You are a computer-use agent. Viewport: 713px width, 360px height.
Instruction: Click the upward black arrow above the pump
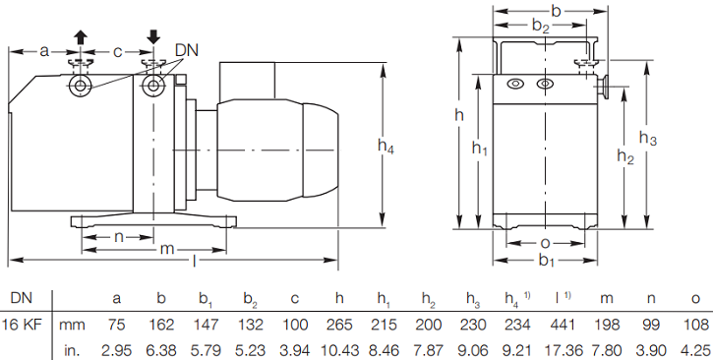(x=81, y=36)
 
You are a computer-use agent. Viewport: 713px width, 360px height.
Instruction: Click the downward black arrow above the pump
(x=153, y=37)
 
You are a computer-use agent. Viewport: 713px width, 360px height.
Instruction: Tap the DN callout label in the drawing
(x=187, y=50)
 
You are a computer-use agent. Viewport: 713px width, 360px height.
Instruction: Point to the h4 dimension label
(x=386, y=146)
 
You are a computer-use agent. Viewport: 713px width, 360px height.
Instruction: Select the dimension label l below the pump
(x=194, y=261)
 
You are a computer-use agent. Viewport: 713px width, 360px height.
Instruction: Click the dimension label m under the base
(x=167, y=250)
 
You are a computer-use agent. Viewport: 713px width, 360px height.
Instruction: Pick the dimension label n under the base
(x=119, y=237)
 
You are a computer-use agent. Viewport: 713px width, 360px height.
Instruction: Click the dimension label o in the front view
(x=545, y=244)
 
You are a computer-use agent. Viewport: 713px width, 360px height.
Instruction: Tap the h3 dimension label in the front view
(x=647, y=138)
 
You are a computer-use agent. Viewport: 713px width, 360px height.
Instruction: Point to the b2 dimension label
(x=541, y=26)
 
